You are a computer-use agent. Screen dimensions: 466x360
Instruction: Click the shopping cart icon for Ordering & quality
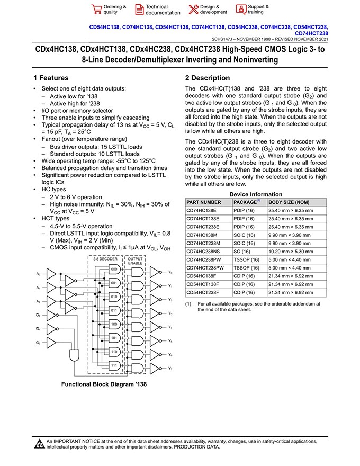96,10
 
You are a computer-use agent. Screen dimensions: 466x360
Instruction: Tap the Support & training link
258,10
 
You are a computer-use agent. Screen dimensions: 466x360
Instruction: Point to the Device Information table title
256,194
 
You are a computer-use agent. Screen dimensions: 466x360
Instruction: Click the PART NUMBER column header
204,202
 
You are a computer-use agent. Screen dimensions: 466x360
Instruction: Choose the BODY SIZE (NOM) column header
289,202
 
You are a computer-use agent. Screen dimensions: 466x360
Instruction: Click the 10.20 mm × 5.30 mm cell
291,251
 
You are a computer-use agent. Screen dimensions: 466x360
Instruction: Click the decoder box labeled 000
114,269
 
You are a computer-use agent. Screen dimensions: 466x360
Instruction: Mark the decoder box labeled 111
114,365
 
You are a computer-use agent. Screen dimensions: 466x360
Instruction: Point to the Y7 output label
170,368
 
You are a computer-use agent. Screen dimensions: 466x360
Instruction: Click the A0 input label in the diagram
38,274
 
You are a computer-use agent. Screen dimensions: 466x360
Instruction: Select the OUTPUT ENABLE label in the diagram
135,261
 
